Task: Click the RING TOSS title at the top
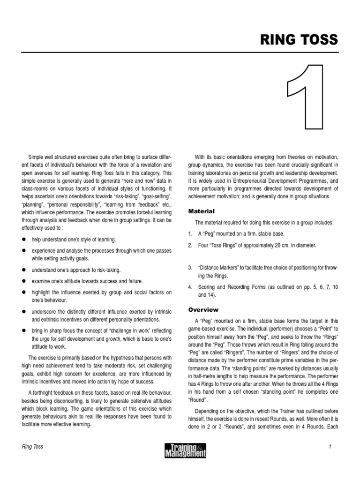pyautogui.click(x=299, y=40)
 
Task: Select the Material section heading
pyautogui.click(x=201, y=211)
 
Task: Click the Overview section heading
pyautogui.click(x=203, y=310)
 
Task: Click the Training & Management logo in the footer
pyautogui.click(x=185, y=450)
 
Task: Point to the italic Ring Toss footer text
pyautogui.click(x=32, y=447)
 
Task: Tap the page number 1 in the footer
pyautogui.click(x=330, y=447)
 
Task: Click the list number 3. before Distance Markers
pyautogui.click(x=191, y=267)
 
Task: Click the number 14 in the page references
pyautogui.click(x=210, y=295)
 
